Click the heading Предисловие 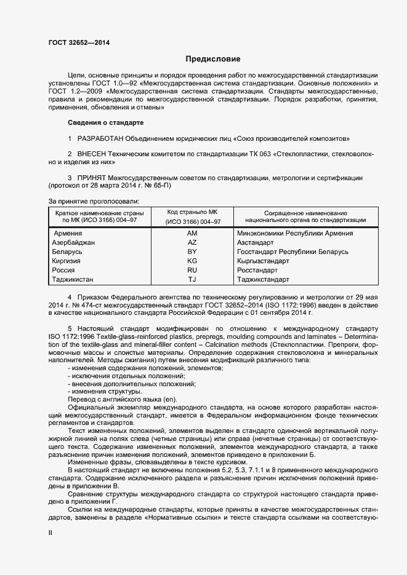tap(213, 59)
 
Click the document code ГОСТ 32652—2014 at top tap(76, 42)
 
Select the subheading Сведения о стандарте tap(105, 122)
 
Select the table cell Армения tap(68, 234)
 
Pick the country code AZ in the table tap(191, 243)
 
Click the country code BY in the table tap(191, 252)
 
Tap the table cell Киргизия tap(67, 261)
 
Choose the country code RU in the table tap(191, 270)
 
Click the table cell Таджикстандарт tap(263, 279)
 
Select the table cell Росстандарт tap(257, 270)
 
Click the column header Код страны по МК tap(191, 212)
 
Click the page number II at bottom tap(50, 533)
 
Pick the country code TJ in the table tap(191, 279)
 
